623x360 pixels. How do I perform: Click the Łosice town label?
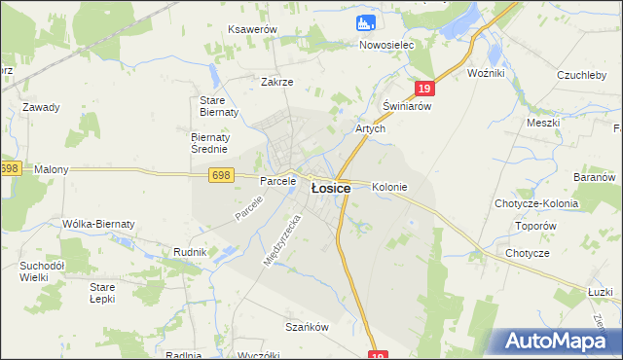pyautogui.click(x=330, y=189)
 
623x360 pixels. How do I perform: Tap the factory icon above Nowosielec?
pyautogui.click(x=366, y=21)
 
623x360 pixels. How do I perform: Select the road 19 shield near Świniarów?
pyautogui.click(x=421, y=89)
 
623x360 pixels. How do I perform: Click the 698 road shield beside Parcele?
pyautogui.click(x=220, y=174)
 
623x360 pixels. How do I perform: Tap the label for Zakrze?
pyautogui.click(x=277, y=83)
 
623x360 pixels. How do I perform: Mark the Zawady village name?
pyautogui.click(x=42, y=107)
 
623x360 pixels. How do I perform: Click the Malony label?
pyautogui.click(x=52, y=169)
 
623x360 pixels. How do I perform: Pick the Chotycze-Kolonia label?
pyautogui.click(x=535, y=204)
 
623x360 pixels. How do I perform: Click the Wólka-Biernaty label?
pyautogui.click(x=98, y=224)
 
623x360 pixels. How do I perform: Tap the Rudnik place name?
pyautogui.click(x=190, y=252)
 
